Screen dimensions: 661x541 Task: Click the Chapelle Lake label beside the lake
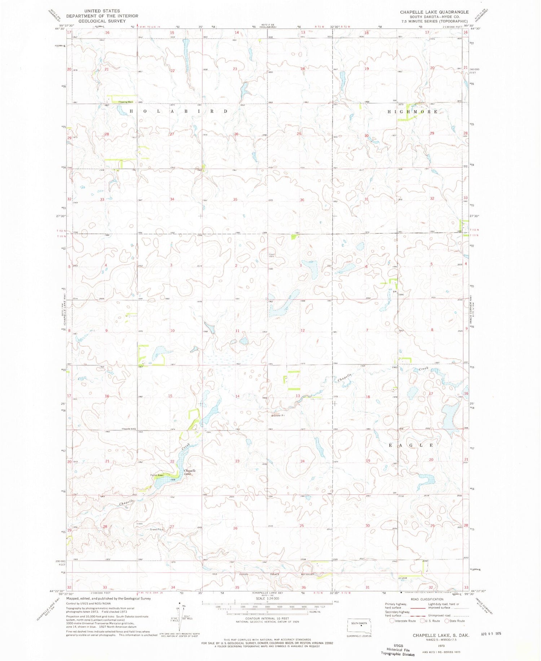coord(190,472)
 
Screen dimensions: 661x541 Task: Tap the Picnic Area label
coord(157,475)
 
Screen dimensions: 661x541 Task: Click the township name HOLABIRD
coord(179,111)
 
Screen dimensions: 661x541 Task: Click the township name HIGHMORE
coord(413,112)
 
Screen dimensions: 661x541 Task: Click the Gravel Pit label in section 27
coord(156,530)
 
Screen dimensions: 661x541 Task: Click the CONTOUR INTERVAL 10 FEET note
coord(267,618)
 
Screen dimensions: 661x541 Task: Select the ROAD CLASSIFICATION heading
coord(426,599)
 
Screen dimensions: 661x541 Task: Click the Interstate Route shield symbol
coord(392,621)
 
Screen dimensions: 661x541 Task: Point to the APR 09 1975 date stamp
coord(491,633)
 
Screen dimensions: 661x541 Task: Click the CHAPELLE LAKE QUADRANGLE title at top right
coord(434,12)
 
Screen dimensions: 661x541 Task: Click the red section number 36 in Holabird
coord(302,200)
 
